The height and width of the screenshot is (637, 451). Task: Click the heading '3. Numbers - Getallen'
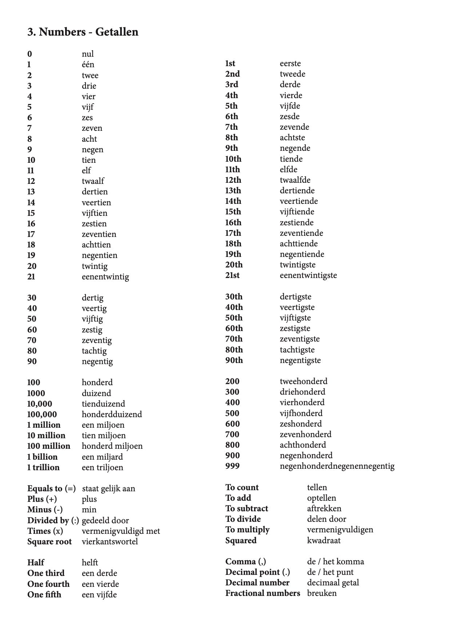point(83,32)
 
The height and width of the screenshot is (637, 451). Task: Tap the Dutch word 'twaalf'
point(93,181)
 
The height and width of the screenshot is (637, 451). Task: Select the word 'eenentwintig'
point(105,277)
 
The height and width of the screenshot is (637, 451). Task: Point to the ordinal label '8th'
point(231,137)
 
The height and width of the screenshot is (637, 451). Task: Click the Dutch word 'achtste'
point(292,137)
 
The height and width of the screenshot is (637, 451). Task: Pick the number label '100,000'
point(42,414)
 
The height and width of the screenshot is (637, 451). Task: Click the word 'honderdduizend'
point(112,414)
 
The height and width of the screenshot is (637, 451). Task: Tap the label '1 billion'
point(42,457)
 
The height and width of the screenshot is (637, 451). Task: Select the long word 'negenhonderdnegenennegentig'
point(337,466)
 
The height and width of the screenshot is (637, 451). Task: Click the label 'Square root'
point(49,541)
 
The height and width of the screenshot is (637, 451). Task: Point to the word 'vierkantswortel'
point(109,541)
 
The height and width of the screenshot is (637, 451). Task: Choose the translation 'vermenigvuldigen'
point(340,529)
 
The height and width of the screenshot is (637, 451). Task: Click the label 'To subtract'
point(247,508)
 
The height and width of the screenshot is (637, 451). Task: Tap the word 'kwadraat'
point(324,540)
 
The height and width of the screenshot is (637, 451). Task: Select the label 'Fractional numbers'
point(263,593)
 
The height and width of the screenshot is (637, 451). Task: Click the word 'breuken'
point(322,593)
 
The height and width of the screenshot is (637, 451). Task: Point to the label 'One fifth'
point(44,594)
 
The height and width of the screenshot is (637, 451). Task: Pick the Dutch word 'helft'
point(90,563)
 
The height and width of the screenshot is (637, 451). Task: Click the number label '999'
point(232,466)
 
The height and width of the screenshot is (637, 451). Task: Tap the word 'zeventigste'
point(300,339)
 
